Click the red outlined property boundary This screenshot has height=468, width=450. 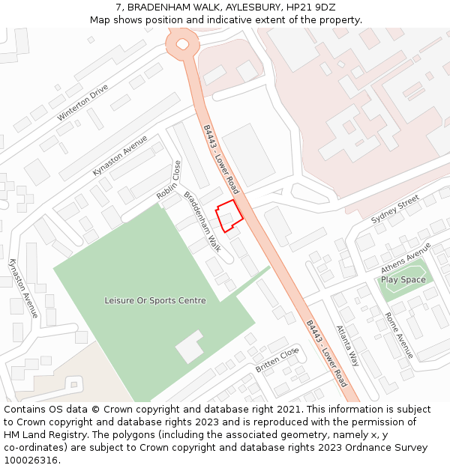(x=229, y=216)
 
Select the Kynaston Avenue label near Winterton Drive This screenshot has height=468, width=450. (x=120, y=156)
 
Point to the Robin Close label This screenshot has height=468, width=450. (x=169, y=180)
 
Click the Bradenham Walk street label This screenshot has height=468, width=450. (x=202, y=221)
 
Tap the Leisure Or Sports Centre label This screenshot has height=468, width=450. (x=154, y=300)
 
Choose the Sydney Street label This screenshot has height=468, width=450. (x=395, y=209)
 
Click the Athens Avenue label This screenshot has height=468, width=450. (x=406, y=258)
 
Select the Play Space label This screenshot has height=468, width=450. (x=403, y=280)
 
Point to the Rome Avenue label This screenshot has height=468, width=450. (x=399, y=335)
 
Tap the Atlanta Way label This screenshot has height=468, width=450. (x=347, y=345)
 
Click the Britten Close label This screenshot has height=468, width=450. (x=277, y=360)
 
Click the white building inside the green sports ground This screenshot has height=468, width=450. (x=189, y=345)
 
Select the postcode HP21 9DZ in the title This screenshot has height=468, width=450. (x=310, y=7)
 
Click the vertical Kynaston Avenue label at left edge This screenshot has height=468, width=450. (x=22, y=288)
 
